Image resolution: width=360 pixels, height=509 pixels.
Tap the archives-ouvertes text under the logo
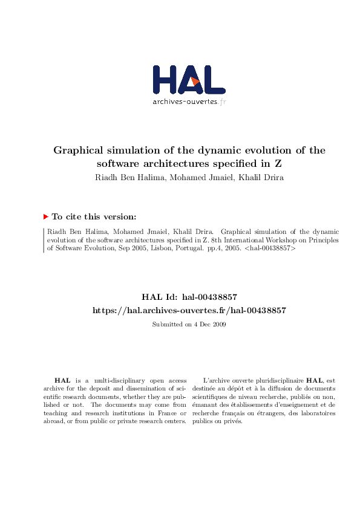coord(185,102)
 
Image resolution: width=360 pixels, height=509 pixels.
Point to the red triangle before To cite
coord(46,216)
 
